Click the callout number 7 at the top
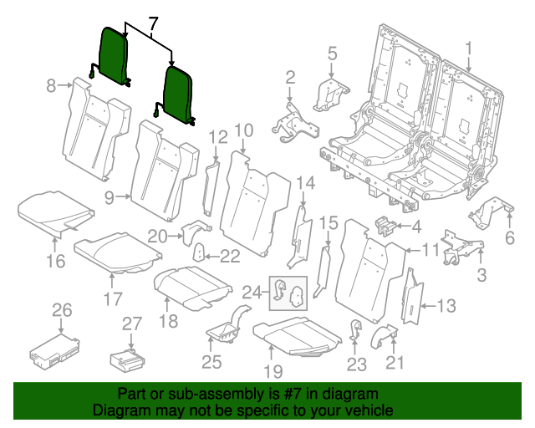(152, 25)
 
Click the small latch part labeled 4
(385, 225)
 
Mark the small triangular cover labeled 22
(201, 253)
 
